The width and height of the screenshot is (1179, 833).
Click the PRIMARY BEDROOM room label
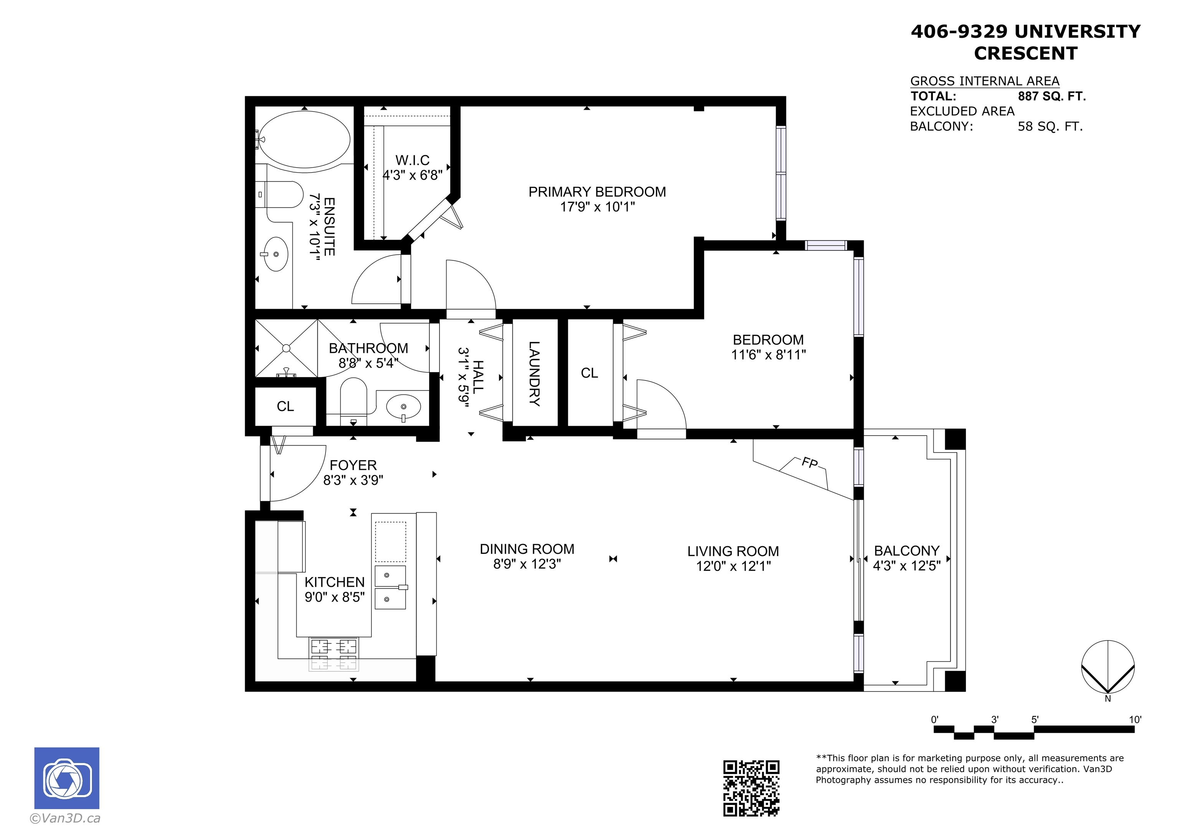597,192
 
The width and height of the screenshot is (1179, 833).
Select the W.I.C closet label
412,160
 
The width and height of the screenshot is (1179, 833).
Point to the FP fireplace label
810,463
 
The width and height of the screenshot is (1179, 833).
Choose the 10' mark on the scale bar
1135,719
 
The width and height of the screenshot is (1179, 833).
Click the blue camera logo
67,778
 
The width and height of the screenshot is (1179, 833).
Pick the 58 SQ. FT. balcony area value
1050,126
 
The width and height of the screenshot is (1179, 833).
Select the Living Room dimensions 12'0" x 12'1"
733,566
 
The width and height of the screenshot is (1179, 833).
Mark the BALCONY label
907,551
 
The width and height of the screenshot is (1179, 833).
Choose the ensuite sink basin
275,254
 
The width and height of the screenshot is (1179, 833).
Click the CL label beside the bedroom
589,373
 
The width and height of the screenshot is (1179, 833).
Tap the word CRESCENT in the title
1025,53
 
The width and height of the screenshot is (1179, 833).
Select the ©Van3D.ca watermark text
65,818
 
